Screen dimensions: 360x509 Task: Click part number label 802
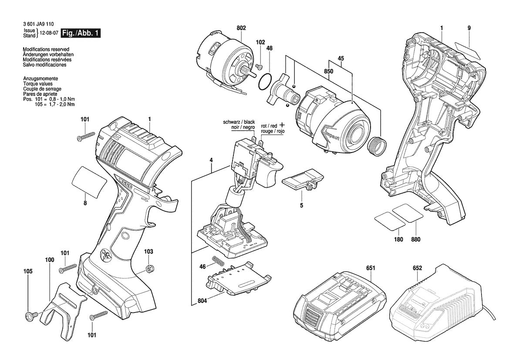point(241,28)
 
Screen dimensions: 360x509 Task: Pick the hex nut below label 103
point(149,268)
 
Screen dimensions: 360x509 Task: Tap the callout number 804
point(202,300)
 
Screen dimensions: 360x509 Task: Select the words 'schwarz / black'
point(239,122)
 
